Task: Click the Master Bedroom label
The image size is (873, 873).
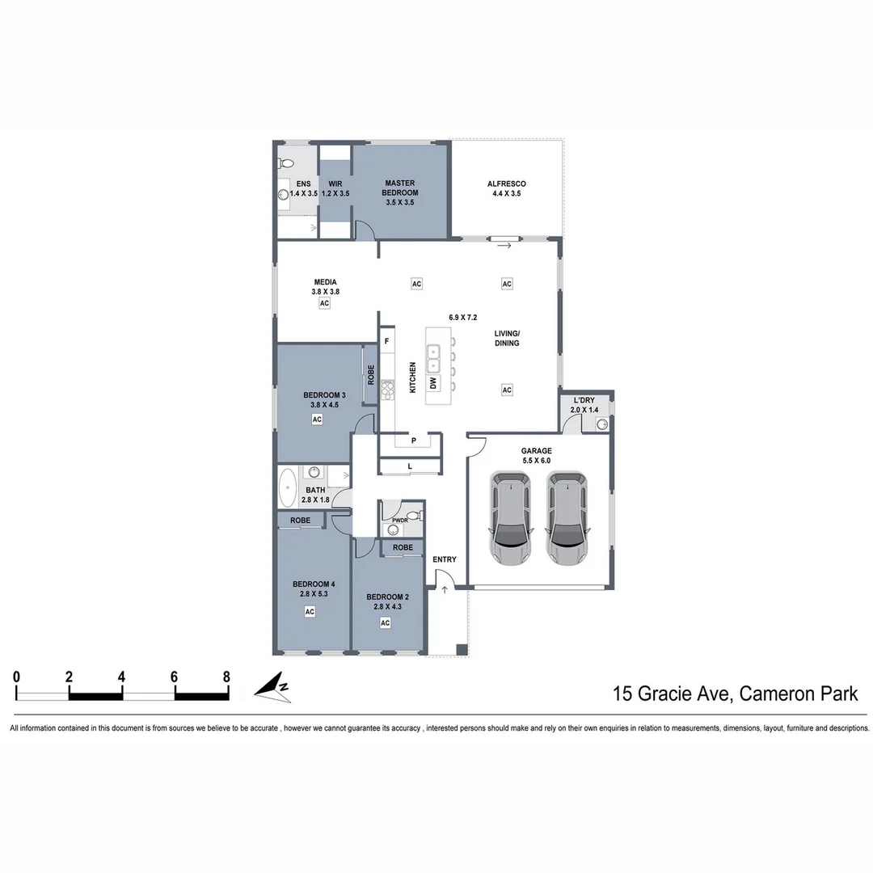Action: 400,192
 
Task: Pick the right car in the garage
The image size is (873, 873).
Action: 567,518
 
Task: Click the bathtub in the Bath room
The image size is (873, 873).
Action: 288,489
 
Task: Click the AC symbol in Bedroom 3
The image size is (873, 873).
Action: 317,420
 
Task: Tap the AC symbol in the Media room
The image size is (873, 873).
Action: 325,303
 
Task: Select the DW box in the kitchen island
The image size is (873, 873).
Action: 433,382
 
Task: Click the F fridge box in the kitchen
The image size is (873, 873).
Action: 387,341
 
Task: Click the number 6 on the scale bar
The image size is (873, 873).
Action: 175,677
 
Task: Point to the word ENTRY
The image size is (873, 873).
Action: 444,559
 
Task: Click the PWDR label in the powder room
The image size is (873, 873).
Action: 399,521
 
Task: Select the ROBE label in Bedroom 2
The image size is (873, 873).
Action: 403,548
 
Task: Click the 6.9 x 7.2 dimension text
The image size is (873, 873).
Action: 463,318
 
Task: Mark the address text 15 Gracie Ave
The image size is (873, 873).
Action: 671,693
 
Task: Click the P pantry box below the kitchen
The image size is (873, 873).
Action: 413,441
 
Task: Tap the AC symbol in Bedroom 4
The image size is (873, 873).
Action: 310,612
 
